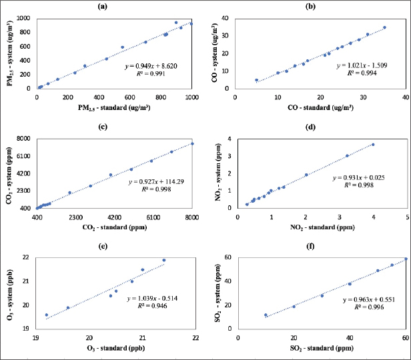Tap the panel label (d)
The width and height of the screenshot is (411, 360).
click(x=318, y=126)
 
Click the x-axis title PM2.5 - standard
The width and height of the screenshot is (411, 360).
click(x=115, y=107)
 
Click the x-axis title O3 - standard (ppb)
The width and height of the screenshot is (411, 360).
click(x=114, y=347)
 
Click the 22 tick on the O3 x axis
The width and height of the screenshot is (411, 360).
click(x=194, y=337)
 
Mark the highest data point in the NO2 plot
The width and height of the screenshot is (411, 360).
click(x=373, y=144)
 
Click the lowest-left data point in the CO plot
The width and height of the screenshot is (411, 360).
click(x=256, y=80)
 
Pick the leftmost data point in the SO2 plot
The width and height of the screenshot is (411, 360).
click(x=266, y=315)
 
